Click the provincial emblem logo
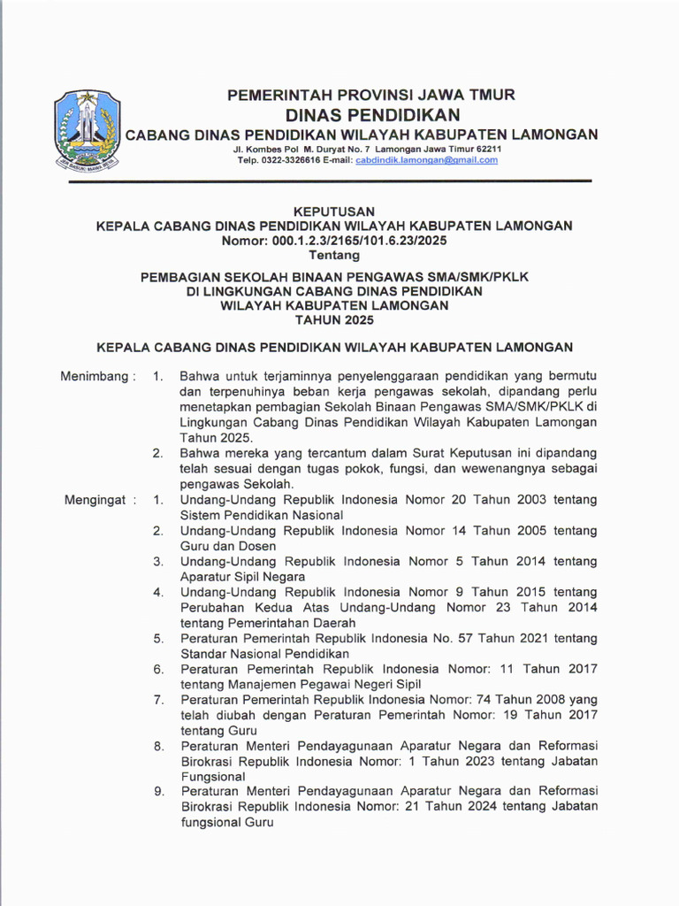click(x=87, y=130)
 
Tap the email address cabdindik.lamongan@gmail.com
click(x=426, y=160)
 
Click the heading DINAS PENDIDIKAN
click(x=372, y=115)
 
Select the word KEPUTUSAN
click(x=333, y=211)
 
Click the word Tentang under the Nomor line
click(x=333, y=256)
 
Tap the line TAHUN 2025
click(x=333, y=320)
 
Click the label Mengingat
click(x=100, y=500)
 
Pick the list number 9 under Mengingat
click(x=159, y=791)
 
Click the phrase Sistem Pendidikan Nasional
click(x=262, y=515)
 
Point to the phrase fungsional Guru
click(x=227, y=823)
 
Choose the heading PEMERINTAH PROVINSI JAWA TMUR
click(x=371, y=95)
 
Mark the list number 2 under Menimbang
click(x=157, y=454)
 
